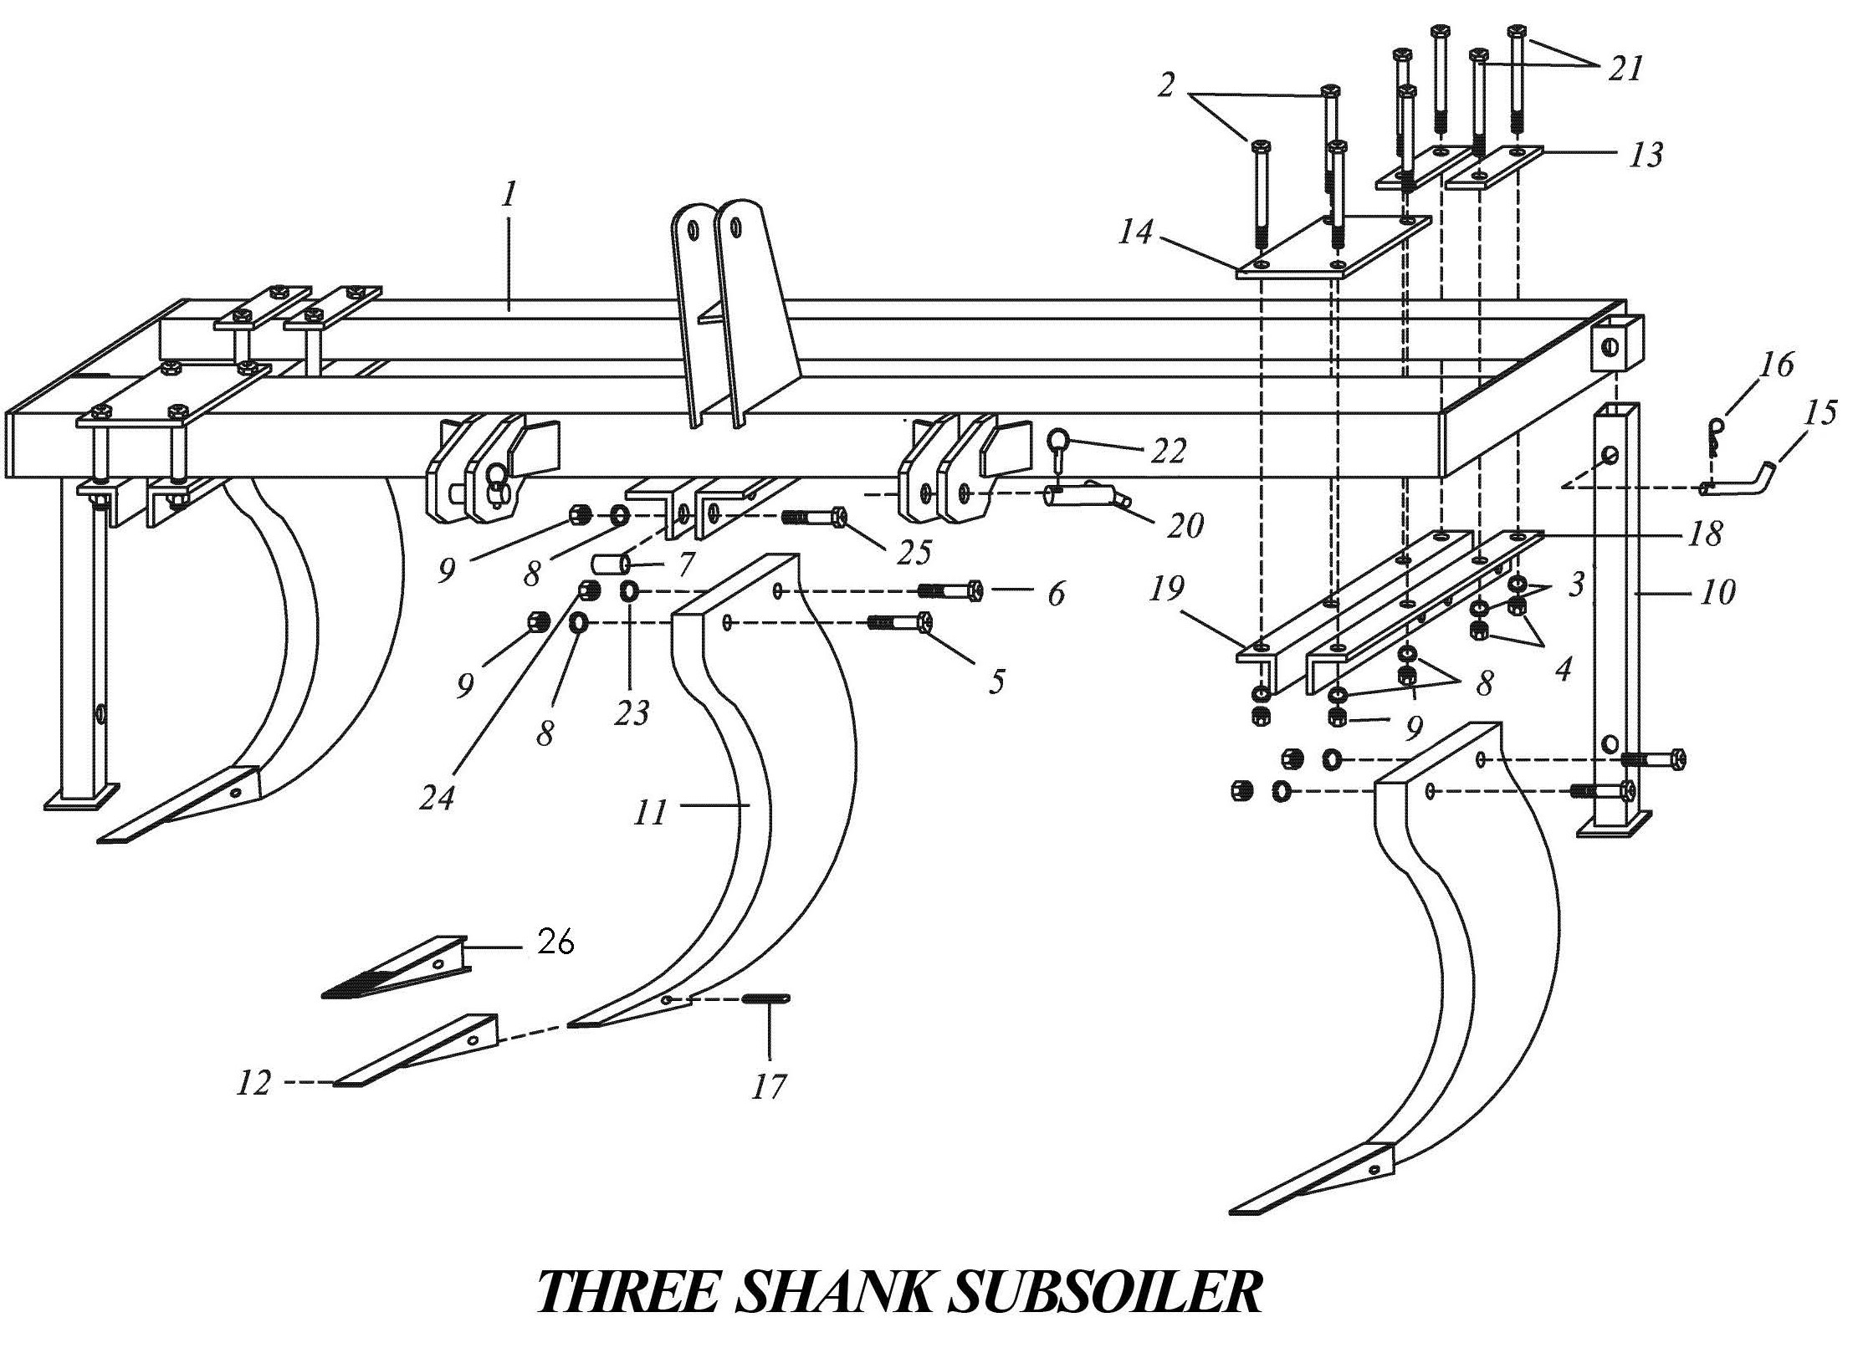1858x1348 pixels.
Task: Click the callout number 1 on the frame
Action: [x=508, y=195]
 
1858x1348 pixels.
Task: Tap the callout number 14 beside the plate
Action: [x=1135, y=232]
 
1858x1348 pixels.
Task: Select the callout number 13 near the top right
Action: [x=1646, y=155]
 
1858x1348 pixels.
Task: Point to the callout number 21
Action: [x=1625, y=68]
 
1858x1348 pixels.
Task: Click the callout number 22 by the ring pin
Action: [x=1168, y=451]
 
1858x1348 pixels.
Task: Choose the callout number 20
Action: [x=1185, y=525]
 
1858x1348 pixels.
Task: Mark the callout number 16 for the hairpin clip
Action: [x=1776, y=365]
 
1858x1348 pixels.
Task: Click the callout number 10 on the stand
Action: [x=1717, y=592]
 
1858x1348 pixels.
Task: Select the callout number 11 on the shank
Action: [x=649, y=812]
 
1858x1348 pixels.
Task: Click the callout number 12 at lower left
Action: [x=253, y=1083]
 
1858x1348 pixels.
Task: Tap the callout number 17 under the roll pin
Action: [x=769, y=1086]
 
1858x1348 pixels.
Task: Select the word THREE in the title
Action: [x=626, y=1292]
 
